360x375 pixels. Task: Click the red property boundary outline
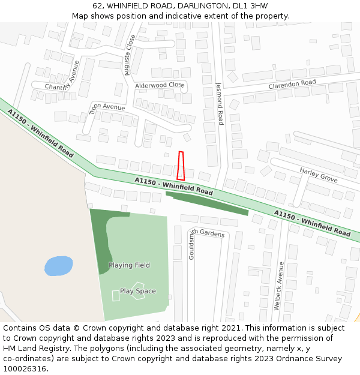tap(181, 166)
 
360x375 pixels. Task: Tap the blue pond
tap(59, 265)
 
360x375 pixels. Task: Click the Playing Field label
tap(129, 265)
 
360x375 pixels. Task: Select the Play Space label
tap(137, 292)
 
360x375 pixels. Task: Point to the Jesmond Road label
tap(220, 104)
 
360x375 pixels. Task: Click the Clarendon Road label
tap(292, 83)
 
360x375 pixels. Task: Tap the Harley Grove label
tap(318, 175)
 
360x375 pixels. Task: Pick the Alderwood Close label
tap(158, 86)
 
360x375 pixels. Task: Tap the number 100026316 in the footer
tap(25, 368)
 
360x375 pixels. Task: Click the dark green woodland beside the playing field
tap(101, 240)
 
